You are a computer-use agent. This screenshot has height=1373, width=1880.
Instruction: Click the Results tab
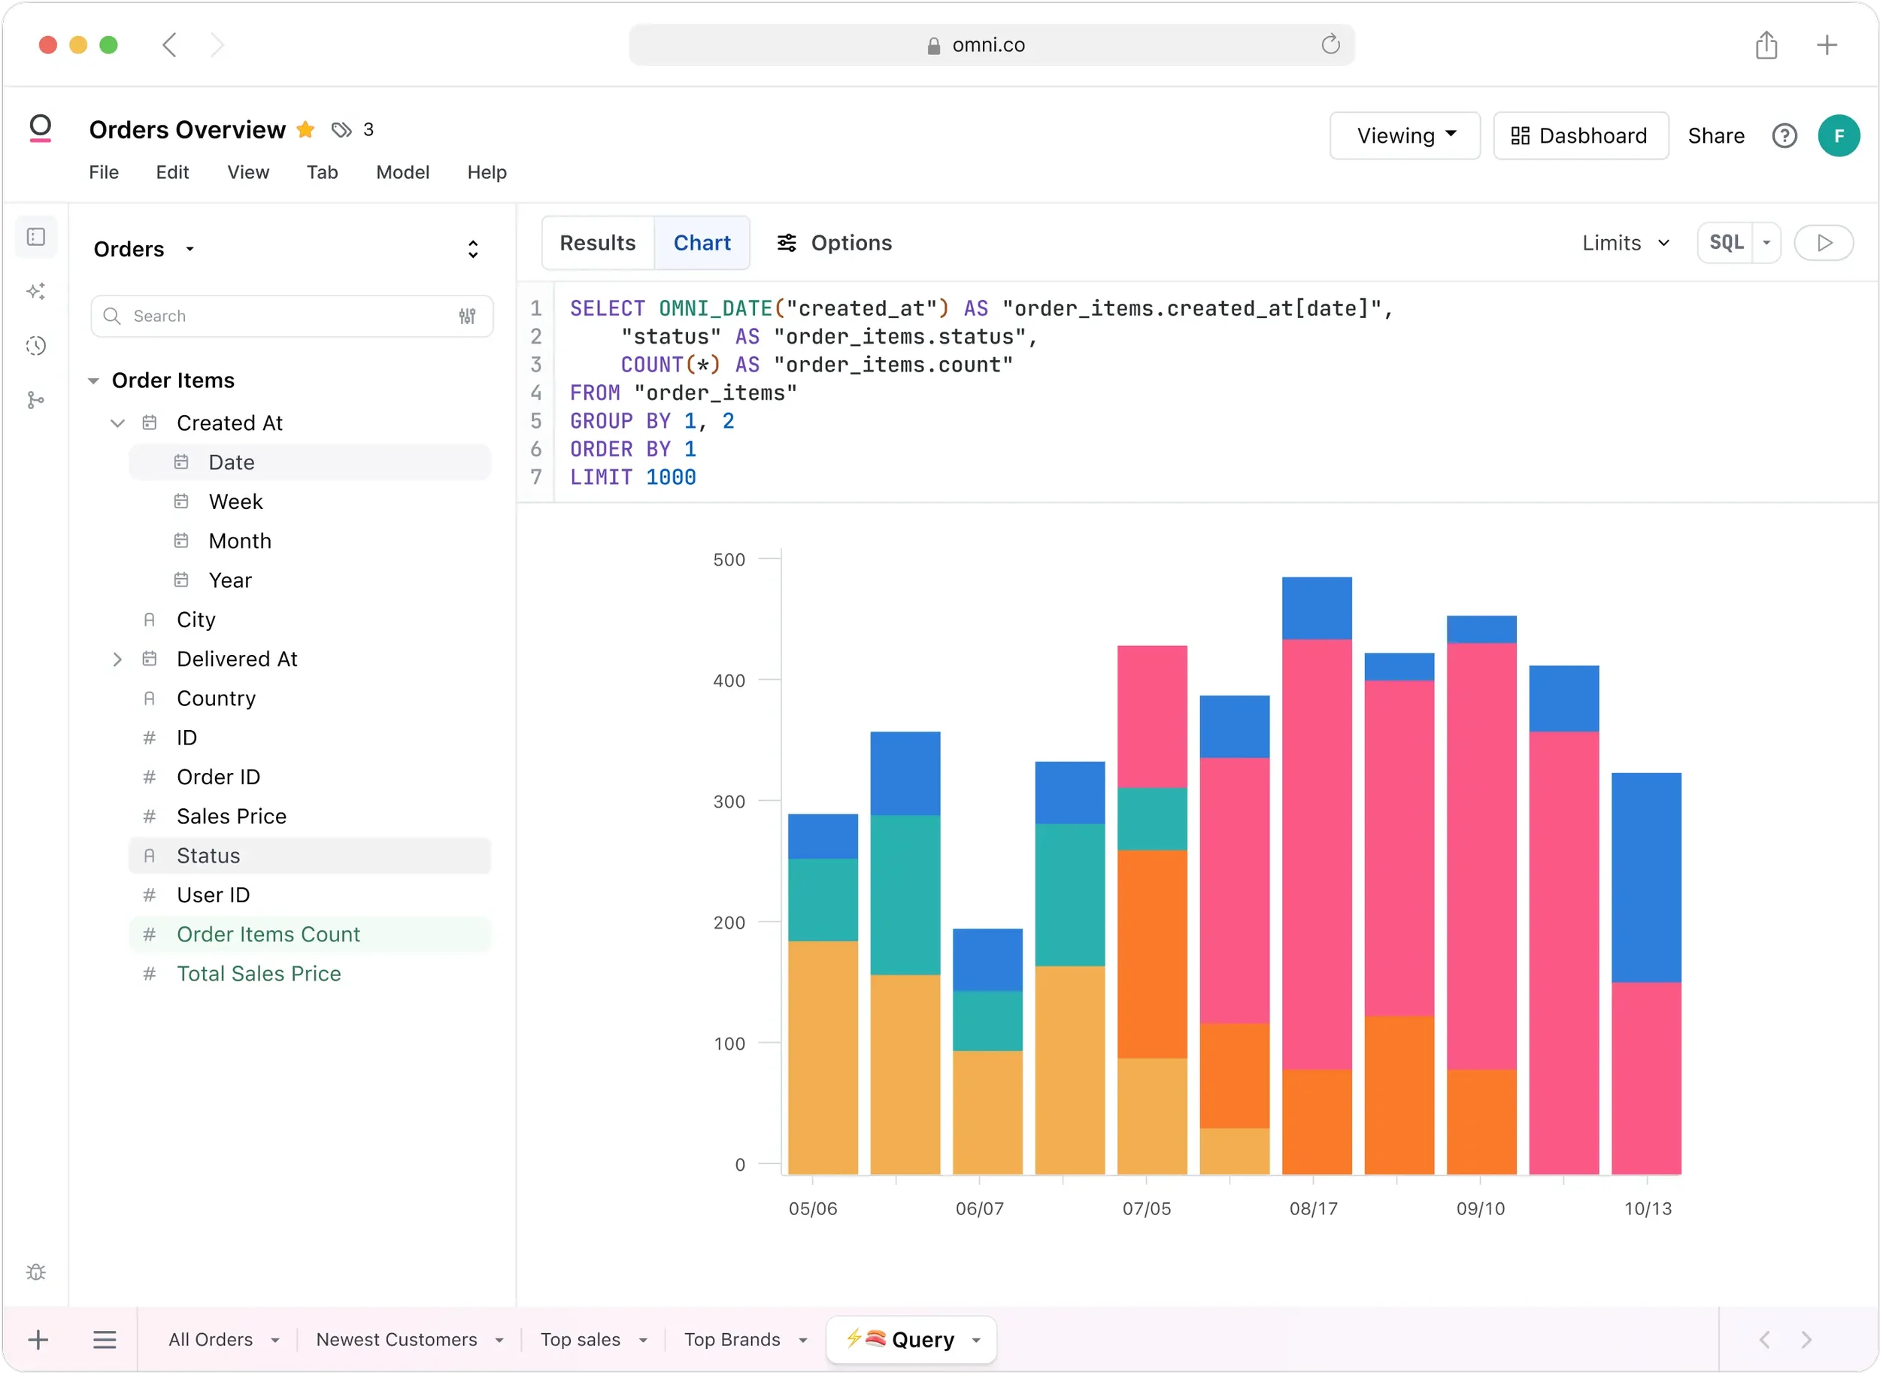(597, 243)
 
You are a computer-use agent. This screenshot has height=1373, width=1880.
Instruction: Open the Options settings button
(834, 243)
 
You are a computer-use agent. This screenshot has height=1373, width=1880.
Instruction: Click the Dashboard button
(1580, 135)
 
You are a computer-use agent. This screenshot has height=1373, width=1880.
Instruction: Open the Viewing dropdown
(1405, 135)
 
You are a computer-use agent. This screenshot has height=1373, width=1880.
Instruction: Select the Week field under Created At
(235, 502)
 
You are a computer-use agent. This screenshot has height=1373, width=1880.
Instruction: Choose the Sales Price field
(231, 816)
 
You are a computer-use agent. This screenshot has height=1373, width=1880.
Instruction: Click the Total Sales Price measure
(259, 973)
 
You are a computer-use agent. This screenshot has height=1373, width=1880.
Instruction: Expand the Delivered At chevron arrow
(117, 659)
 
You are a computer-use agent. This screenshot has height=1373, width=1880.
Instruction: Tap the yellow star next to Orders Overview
(306, 129)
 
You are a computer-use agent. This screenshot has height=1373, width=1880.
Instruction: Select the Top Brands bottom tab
(732, 1339)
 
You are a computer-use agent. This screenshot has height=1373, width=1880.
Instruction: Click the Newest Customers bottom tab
(396, 1339)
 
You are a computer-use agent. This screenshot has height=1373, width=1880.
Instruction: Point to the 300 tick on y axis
(729, 802)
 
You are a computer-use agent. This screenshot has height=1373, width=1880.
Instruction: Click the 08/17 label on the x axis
(1313, 1208)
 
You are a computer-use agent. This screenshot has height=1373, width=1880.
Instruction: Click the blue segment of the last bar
(1645, 877)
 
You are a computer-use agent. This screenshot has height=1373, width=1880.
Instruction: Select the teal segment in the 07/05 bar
(1152, 819)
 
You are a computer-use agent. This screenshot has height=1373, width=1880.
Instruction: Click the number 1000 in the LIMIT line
(671, 477)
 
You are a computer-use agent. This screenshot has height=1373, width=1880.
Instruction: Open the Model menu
(402, 172)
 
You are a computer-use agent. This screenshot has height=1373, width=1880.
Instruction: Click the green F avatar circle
(1839, 135)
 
